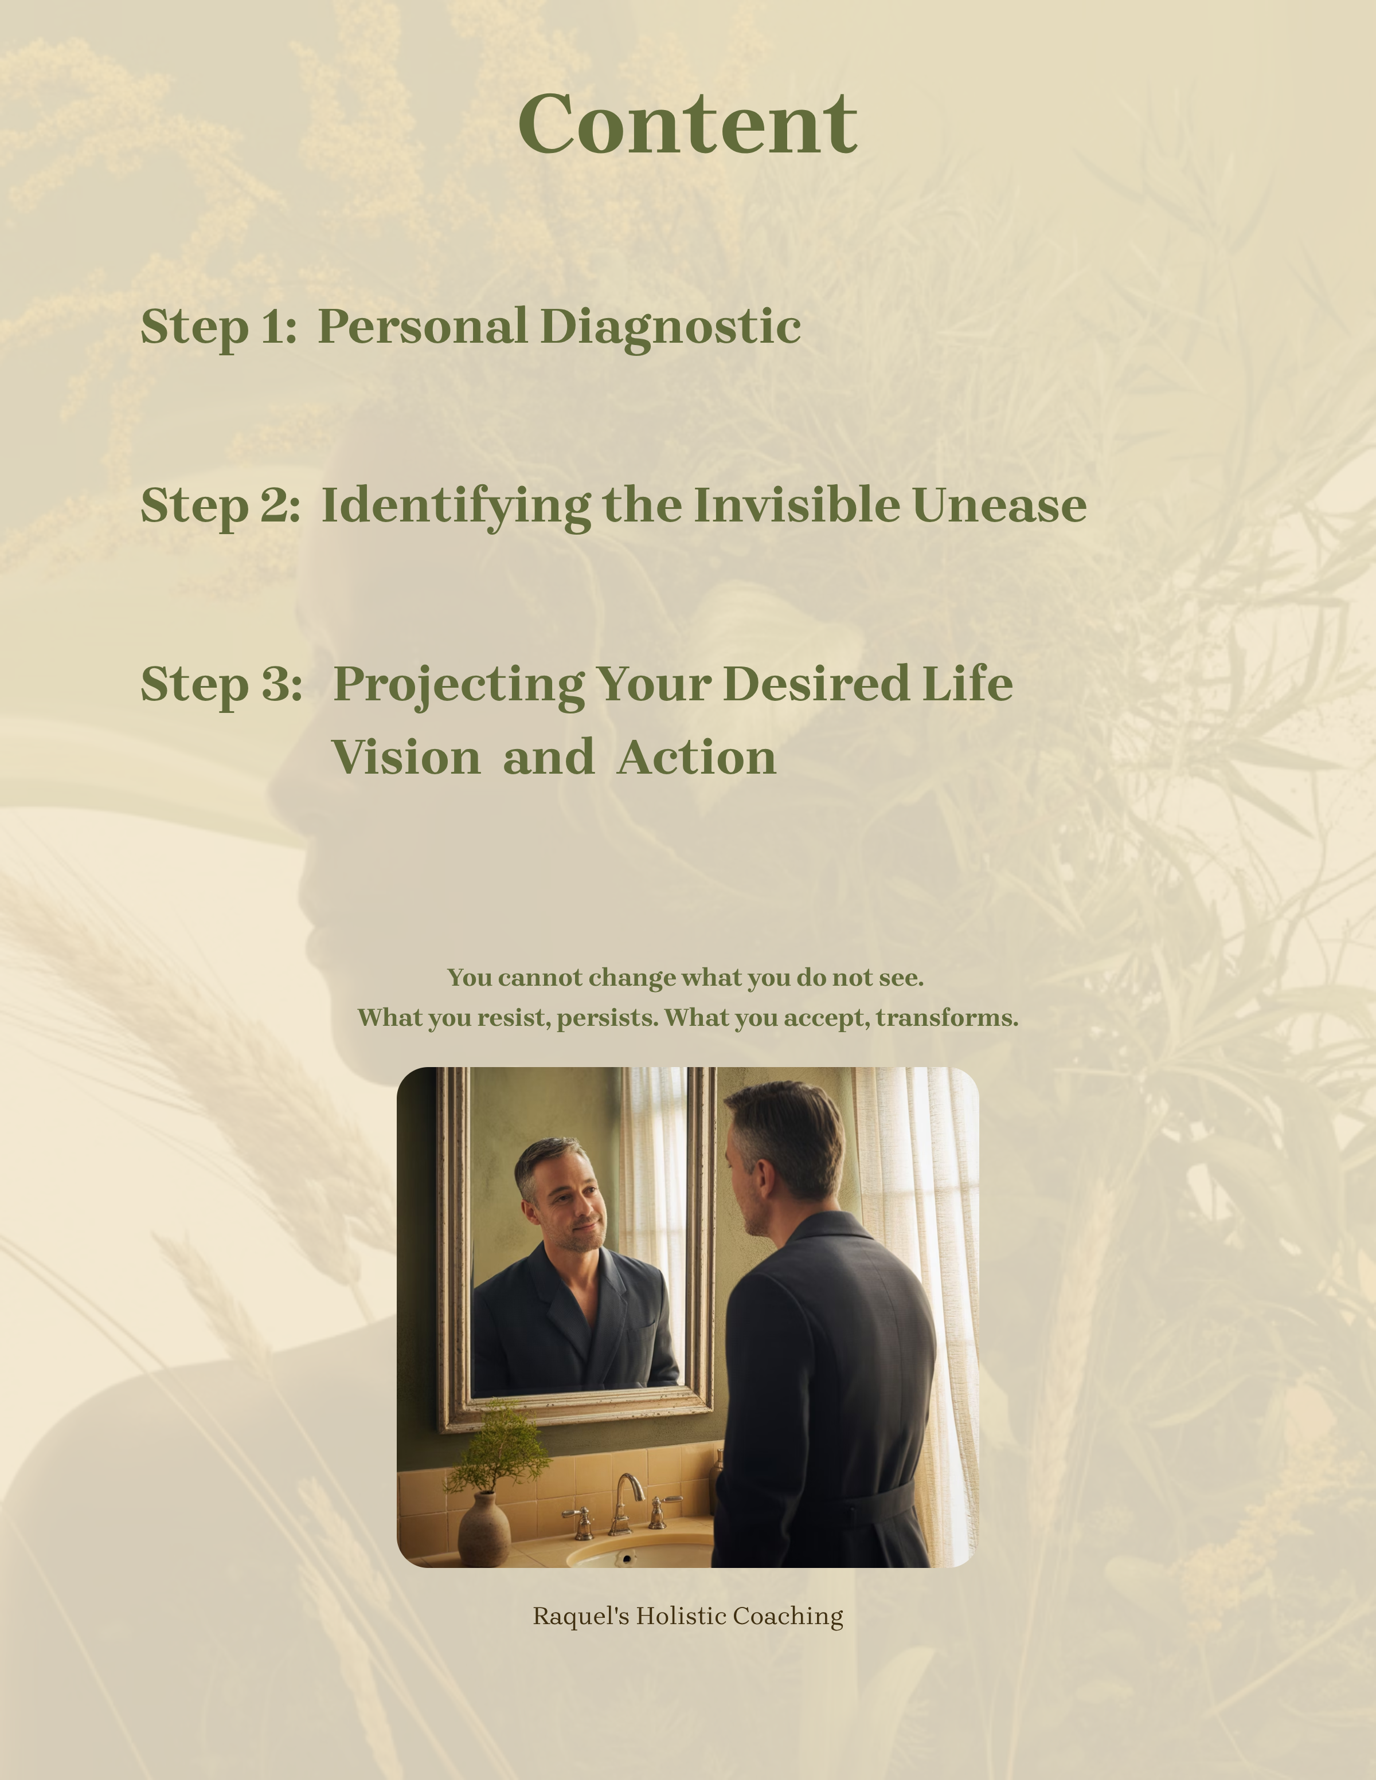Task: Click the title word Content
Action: point(687,123)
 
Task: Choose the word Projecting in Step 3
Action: point(459,685)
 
